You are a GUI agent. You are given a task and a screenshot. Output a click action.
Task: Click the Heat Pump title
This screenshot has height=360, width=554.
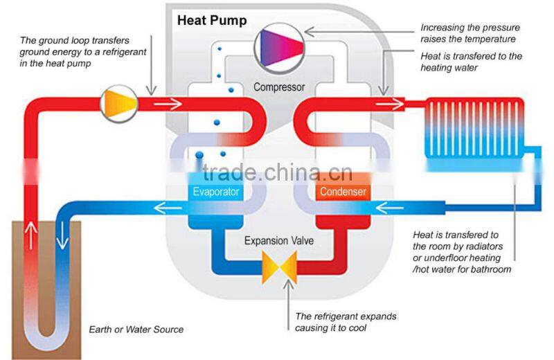pyautogui.click(x=211, y=19)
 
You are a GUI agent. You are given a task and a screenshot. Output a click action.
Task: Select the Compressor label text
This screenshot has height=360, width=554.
pyautogui.click(x=279, y=87)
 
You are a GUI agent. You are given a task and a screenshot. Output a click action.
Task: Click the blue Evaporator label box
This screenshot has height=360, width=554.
pyautogui.click(x=216, y=191)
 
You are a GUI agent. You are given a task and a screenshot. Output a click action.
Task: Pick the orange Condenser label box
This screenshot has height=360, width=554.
pyautogui.click(x=343, y=191)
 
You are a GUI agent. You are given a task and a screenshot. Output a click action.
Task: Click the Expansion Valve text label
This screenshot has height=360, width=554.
pyautogui.click(x=279, y=241)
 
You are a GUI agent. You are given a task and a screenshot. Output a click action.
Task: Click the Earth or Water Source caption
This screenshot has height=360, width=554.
pyautogui.click(x=136, y=330)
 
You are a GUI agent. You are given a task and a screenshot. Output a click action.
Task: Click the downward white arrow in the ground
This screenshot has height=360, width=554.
pyautogui.click(x=62, y=235)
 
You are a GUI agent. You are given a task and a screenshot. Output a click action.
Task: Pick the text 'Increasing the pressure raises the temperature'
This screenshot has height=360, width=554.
pyautogui.click(x=467, y=33)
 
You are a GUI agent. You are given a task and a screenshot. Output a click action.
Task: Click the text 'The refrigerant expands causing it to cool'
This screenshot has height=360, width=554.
pyautogui.click(x=346, y=322)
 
